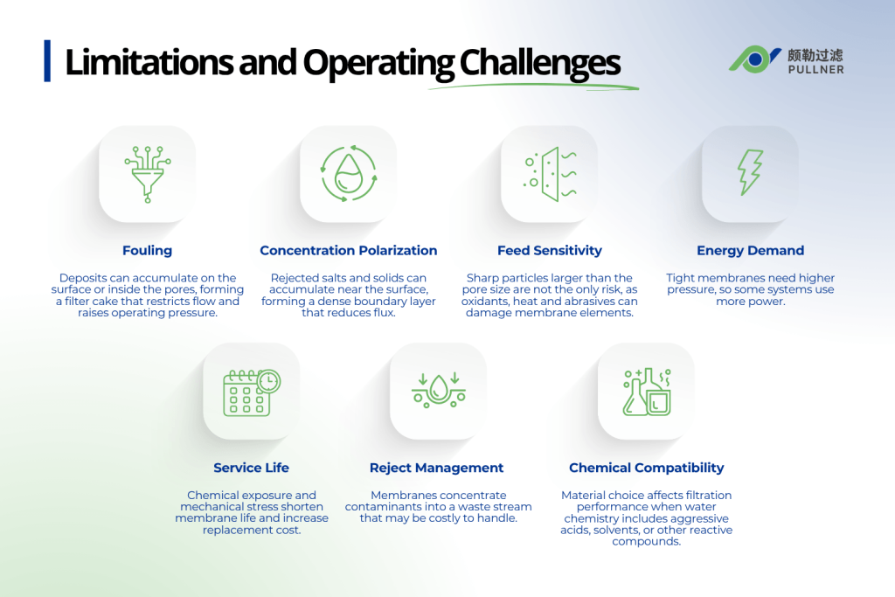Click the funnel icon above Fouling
pos(147,174)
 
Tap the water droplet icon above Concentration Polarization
pos(348,174)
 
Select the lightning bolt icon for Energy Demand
pos(750,173)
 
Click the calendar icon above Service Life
pos(252,391)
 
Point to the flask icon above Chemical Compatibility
pos(646,391)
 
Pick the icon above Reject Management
pos(438,391)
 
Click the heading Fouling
pos(147,251)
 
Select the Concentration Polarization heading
pos(348,251)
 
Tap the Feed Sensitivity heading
pos(550,251)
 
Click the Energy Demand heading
pos(750,251)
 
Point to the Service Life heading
pos(252,468)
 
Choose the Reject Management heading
pos(437,468)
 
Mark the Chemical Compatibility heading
pos(647,468)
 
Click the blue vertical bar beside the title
pos(47,61)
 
